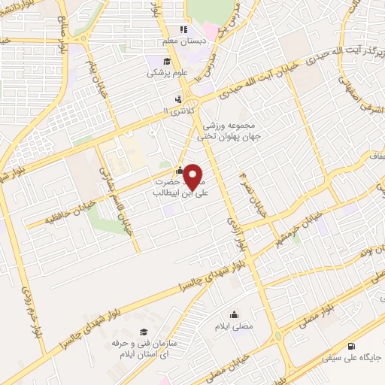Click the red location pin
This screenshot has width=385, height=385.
point(193,177)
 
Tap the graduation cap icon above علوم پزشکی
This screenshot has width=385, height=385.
point(166,62)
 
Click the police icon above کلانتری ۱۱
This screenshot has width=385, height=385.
point(178,99)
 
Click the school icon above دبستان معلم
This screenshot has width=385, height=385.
point(183,30)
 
